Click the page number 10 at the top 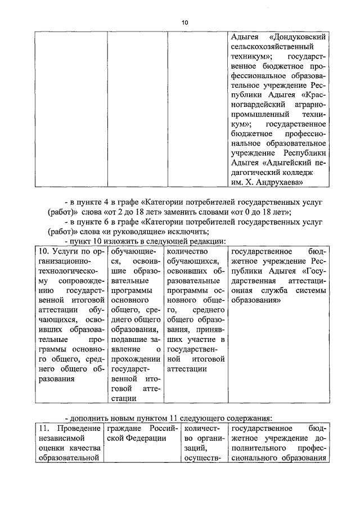click(x=185, y=22)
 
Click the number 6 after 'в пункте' click(x=107, y=222)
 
